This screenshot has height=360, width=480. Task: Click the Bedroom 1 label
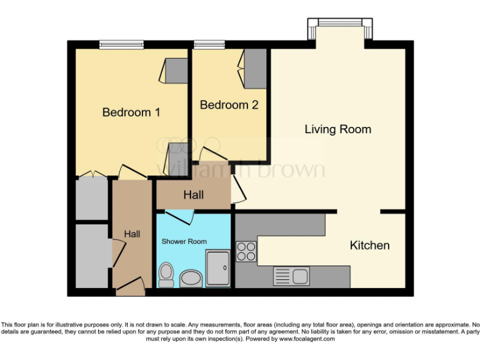tap(131, 112)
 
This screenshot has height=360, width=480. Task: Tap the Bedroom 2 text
tap(229, 105)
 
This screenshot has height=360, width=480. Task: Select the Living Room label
tap(337, 129)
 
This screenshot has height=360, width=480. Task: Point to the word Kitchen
tap(369, 246)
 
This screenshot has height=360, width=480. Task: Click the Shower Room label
tap(184, 241)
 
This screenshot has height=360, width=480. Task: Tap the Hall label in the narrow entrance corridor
tap(132, 234)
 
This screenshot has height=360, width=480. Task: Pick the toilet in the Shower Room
tap(166, 274)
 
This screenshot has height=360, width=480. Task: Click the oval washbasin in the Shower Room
tap(190, 278)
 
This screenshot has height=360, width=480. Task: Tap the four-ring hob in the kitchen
tap(246, 251)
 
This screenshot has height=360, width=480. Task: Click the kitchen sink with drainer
tap(291, 276)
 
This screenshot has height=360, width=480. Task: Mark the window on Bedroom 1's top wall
tap(121, 44)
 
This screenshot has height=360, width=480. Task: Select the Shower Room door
tap(179, 217)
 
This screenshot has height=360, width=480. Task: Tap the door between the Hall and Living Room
tap(237, 189)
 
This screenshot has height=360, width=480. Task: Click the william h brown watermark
tap(241, 167)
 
